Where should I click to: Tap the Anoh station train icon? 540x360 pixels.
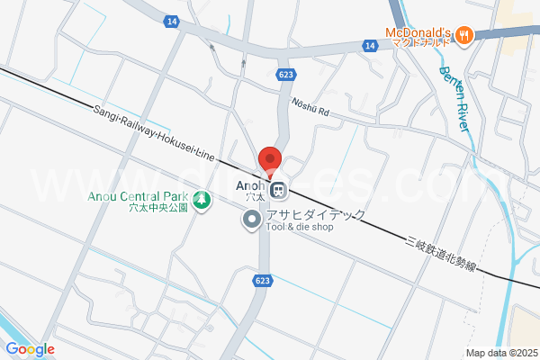tap(279, 190)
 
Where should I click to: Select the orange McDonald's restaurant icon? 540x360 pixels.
tap(464, 35)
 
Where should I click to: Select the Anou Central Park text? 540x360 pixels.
tap(138, 197)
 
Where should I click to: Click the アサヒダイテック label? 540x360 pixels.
tap(315, 216)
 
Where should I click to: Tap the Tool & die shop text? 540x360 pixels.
tap(299, 228)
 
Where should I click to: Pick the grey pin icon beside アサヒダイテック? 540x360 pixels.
tap(251, 220)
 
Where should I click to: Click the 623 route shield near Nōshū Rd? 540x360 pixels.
tap(286, 75)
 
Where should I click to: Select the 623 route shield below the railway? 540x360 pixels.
tap(262, 281)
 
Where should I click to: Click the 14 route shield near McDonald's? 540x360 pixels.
tap(369, 44)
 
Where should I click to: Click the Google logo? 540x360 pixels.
tap(30, 349)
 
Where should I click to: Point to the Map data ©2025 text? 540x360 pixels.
tap(500, 352)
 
